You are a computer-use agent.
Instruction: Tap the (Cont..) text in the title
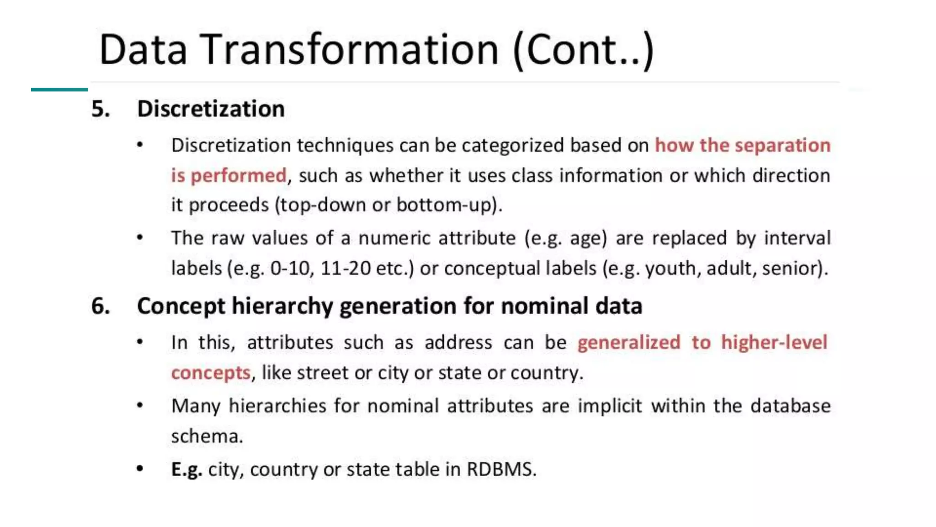[x=584, y=50]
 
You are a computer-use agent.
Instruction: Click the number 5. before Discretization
[x=101, y=109]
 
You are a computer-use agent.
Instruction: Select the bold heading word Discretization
[x=211, y=109]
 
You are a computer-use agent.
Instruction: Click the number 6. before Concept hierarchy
[x=101, y=306]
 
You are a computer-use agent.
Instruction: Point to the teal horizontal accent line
[x=59, y=90]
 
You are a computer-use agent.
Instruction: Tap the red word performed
[x=238, y=176]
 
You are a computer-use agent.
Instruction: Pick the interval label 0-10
[x=291, y=268]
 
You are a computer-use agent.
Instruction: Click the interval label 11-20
[x=346, y=268]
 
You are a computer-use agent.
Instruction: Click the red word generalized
[x=628, y=343]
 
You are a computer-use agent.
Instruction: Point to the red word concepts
[x=211, y=373]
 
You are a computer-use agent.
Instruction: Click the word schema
[x=206, y=436]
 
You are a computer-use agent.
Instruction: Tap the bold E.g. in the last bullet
[x=186, y=469]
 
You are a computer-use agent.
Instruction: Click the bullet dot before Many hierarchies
[x=140, y=405]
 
